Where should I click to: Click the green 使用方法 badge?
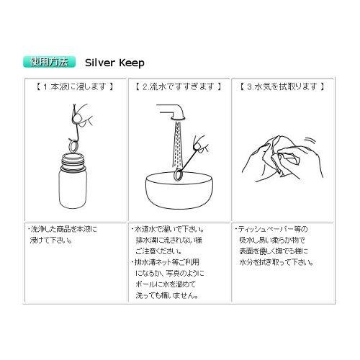pos(49,62)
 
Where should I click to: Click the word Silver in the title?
pos(100,63)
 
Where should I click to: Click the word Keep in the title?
pos(132,63)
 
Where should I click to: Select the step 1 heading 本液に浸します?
pos(78,86)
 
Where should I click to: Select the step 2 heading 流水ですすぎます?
pos(181,86)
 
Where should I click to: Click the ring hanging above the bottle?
pos(74,145)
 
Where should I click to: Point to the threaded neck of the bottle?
pos(73,162)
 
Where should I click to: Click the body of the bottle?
pos(73,189)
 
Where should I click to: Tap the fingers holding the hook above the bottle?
pos(81,115)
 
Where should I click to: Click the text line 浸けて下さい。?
pos(50,240)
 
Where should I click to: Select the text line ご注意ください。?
pos(158,251)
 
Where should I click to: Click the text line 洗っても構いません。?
pos(167,295)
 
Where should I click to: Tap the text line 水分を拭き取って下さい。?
pos(276,262)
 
